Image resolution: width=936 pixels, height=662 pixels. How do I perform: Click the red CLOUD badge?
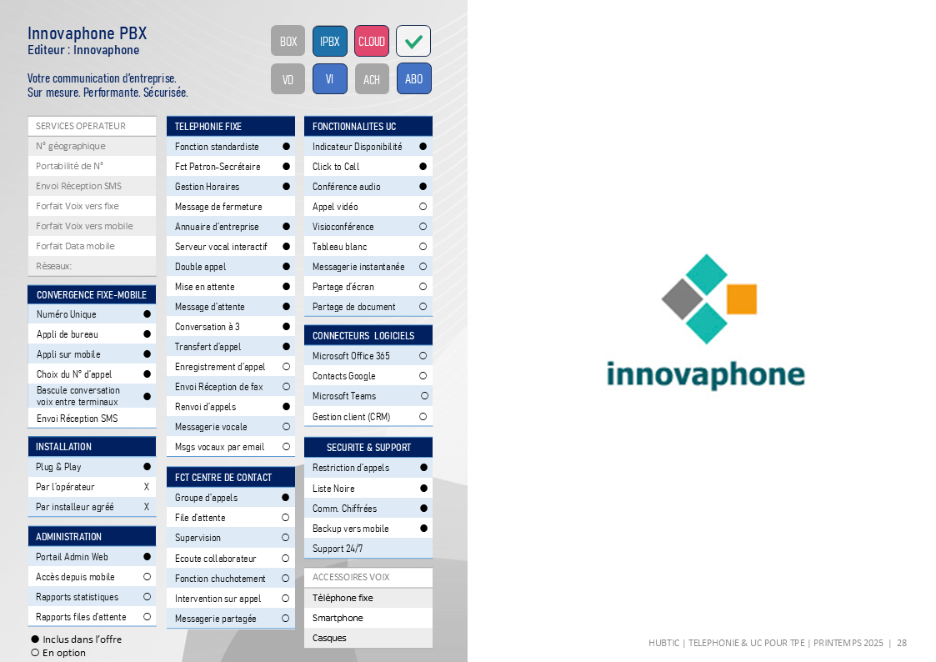371,41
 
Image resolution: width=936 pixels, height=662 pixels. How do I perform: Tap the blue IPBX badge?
329,41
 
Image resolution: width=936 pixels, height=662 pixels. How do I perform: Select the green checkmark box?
413,41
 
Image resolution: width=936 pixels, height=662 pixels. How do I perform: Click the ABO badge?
413,79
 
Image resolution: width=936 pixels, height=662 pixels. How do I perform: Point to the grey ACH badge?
371,79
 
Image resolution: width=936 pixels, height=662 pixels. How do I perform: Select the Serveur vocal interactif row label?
221,247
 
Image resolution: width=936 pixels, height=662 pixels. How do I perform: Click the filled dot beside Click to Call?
423,167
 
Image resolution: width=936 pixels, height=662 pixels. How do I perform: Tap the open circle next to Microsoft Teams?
424,396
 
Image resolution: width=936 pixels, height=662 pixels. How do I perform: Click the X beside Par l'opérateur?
146,487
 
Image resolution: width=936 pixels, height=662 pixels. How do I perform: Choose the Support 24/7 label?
338,549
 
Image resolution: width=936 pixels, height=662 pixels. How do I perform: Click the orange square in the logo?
742,299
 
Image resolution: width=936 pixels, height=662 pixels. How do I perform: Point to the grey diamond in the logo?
683,299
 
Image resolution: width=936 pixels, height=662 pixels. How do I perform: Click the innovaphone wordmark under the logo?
706,375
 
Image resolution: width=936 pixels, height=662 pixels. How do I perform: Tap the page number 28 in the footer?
901,643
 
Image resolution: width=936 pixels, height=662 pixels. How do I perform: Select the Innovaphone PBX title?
88,33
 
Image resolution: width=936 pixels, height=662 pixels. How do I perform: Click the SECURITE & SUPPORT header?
368,447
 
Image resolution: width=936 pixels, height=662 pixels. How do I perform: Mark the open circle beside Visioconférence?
423,227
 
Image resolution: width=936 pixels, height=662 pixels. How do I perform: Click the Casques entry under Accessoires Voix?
329,638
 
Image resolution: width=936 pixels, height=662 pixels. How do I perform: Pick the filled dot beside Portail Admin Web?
147,556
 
